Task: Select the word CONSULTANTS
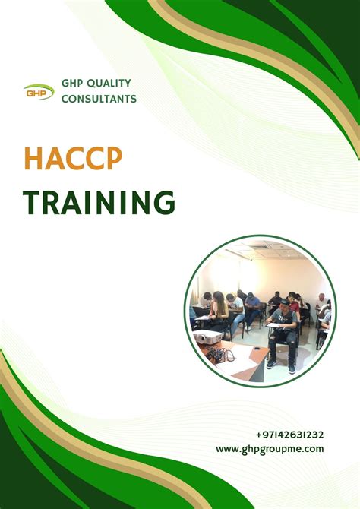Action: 99,99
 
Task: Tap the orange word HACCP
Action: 73,159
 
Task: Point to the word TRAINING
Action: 99,202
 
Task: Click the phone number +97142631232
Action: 289,435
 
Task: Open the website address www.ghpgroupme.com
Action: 270,449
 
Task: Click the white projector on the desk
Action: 208,337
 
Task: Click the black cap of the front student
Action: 283,302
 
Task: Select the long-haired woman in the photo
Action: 219,306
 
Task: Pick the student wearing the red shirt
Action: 294,303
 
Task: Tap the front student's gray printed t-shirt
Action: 284,318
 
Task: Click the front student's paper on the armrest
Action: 276,325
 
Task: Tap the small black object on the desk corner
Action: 257,349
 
